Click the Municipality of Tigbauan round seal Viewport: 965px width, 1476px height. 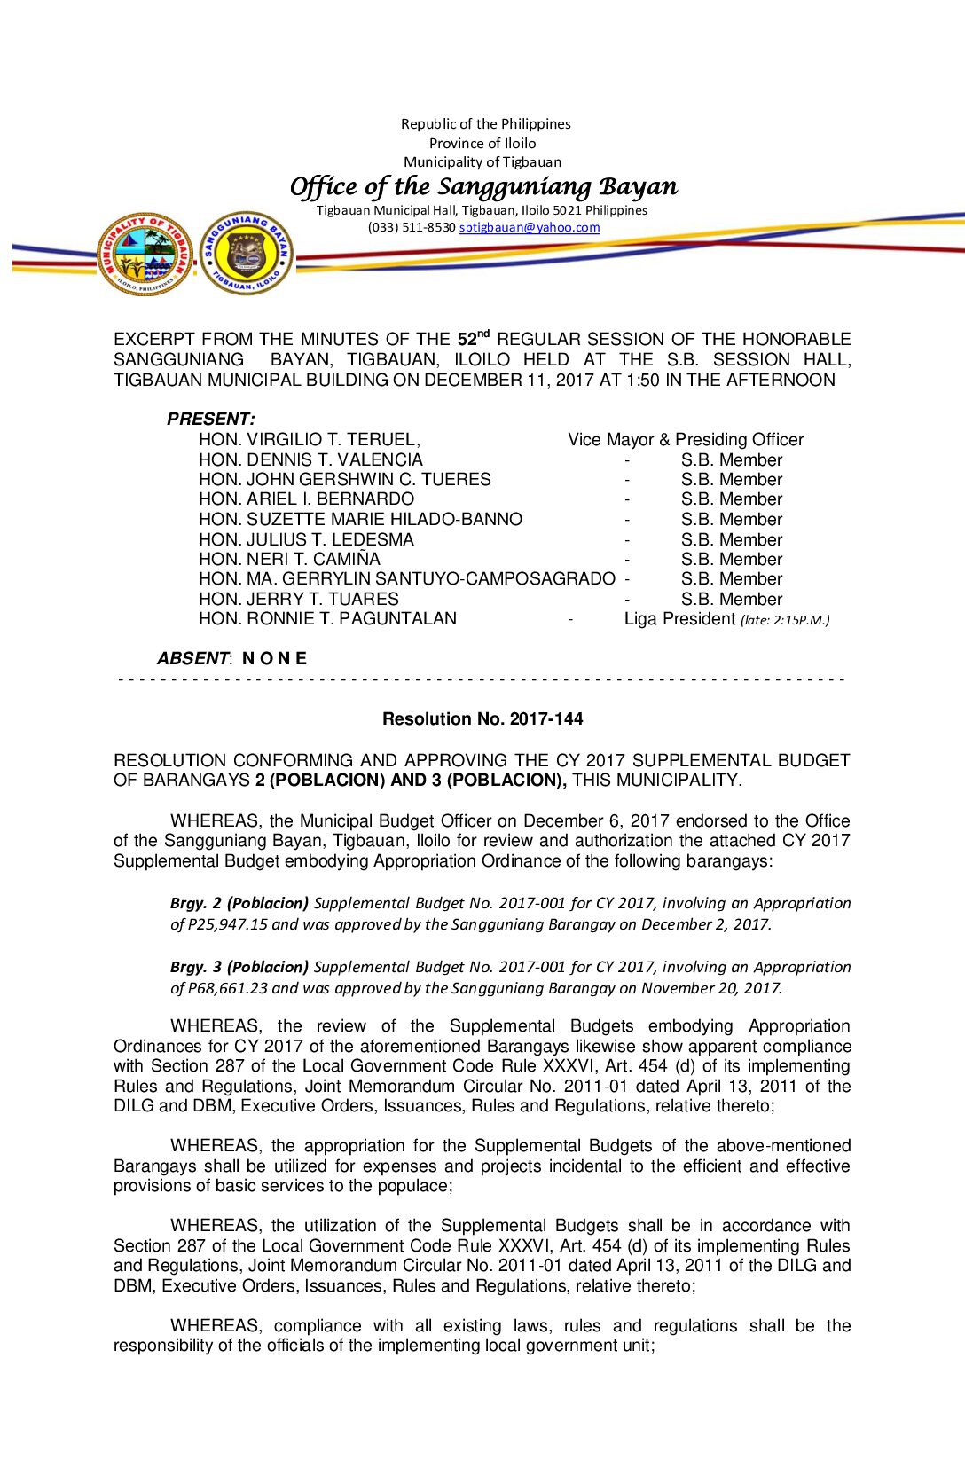[145, 254]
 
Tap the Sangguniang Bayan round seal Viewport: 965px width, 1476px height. [247, 254]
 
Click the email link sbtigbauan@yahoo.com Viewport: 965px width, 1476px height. [530, 227]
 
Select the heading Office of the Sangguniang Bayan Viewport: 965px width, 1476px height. [483, 186]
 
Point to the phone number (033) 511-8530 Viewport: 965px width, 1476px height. [412, 227]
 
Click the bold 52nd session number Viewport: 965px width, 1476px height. [473, 338]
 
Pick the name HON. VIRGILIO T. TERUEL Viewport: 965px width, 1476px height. [309, 439]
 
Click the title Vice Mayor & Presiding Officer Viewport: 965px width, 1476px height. [686, 439]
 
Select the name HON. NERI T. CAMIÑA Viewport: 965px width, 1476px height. [289, 559]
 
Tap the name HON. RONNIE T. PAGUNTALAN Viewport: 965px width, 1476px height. [327, 618]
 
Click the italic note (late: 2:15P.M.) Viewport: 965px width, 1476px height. [785, 620]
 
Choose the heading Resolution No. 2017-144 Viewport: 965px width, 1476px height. [482, 718]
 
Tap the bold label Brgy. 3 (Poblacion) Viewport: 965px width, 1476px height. [239, 966]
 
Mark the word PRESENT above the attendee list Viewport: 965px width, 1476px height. [210, 419]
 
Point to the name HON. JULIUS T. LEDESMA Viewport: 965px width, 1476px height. [306, 539]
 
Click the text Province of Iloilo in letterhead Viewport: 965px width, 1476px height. [482, 143]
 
